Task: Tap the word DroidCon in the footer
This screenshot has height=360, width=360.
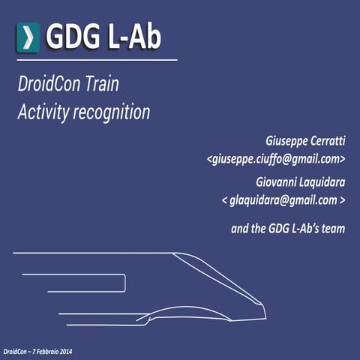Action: (x=15, y=351)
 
